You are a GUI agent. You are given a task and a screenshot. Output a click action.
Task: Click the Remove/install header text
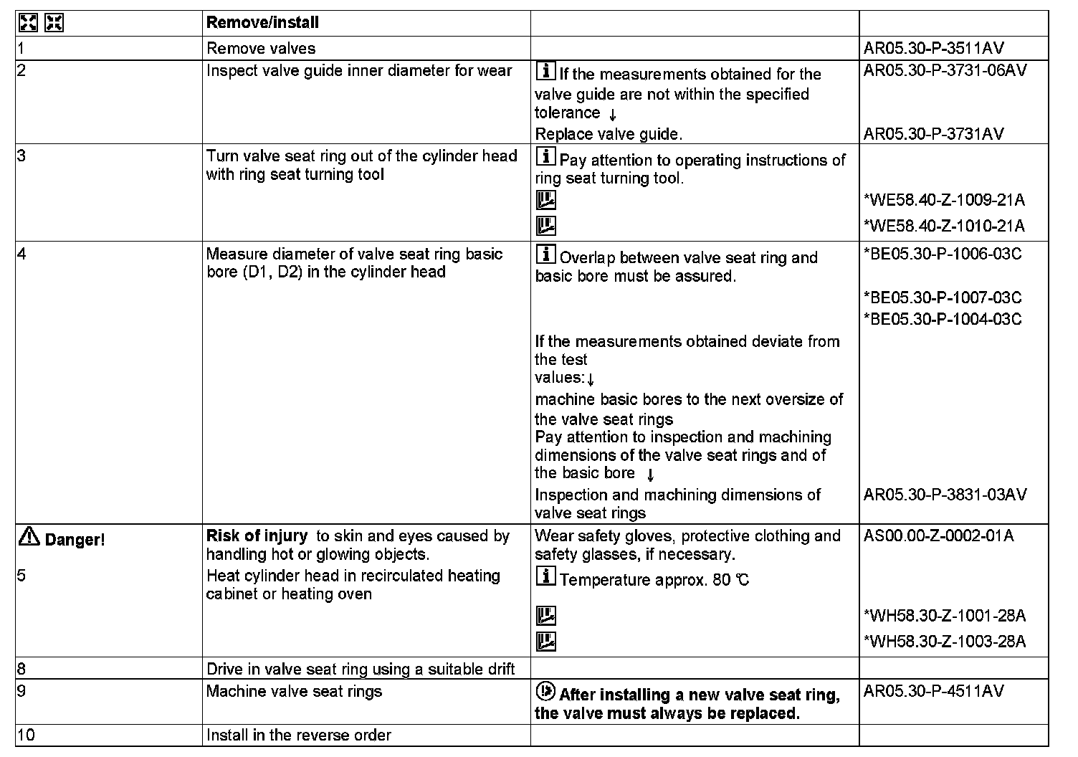coord(262,22)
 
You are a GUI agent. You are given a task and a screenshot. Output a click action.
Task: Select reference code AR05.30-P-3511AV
coord(934,49)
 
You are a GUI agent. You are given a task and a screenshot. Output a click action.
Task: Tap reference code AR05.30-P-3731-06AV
coord(945,70)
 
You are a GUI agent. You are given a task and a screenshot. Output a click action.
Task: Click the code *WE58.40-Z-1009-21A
coord(945,200)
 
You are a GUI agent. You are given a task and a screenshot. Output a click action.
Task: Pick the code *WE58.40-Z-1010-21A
coord(945,227)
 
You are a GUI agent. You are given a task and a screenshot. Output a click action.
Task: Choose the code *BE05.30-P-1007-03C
coord(943,297)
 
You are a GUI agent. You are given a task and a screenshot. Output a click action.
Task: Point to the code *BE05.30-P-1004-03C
coord(943,319)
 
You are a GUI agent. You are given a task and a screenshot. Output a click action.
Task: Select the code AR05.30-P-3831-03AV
coord(945,495)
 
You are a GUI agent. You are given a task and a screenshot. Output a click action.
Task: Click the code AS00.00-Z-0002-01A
coord(939,536)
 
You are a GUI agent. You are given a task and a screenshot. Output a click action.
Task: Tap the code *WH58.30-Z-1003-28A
coord(945,642)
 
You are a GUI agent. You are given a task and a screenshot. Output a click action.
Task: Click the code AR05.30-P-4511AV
coord(934,691)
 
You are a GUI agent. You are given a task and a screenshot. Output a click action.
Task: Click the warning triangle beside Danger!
coord(29,536)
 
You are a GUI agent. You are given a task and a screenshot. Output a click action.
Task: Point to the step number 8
coord(22,670)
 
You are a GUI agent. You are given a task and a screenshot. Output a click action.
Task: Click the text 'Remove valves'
coord(261,49)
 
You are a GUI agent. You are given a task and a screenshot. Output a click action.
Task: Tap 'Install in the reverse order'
coord(299,735)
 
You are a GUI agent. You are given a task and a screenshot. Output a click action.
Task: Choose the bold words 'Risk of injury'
coord(257,536)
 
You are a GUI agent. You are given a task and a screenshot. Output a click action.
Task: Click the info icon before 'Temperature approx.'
coord(545,577)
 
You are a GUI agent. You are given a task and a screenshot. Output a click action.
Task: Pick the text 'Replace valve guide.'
coord(609,134)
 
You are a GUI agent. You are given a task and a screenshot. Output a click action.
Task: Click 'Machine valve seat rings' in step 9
coord(294,692)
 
